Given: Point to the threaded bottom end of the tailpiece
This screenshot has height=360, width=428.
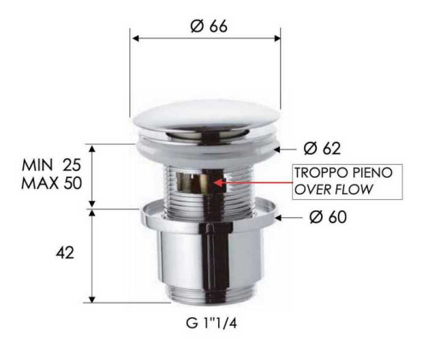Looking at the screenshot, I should coord(205,296).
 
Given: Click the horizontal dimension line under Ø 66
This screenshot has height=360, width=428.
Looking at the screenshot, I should coord(205,38).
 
